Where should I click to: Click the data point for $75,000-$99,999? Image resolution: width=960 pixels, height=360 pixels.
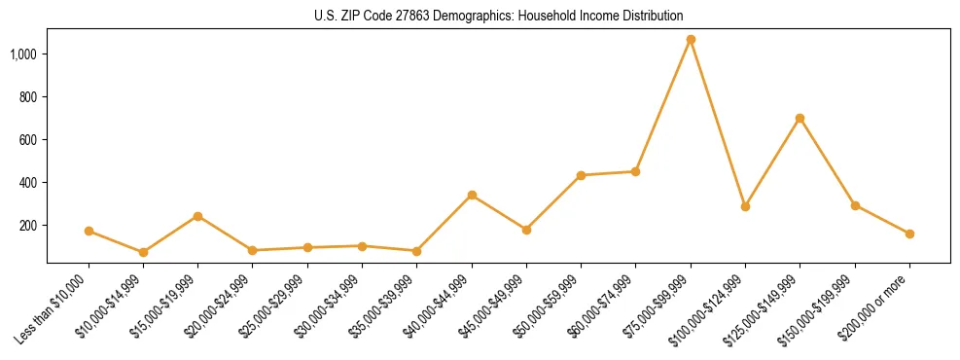691,40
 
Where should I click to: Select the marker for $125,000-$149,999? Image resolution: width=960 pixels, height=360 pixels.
800,119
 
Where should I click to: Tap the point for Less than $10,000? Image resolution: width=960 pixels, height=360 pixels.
89,232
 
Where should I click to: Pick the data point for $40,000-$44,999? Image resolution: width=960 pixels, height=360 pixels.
472,196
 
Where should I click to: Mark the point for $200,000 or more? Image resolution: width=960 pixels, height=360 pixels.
909,234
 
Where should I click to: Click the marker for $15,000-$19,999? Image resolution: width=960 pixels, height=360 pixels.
197,216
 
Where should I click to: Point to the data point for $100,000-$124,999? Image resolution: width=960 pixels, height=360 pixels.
745,206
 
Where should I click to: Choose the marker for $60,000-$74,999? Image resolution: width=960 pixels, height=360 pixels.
635,171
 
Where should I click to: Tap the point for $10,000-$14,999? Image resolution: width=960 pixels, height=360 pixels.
143,252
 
